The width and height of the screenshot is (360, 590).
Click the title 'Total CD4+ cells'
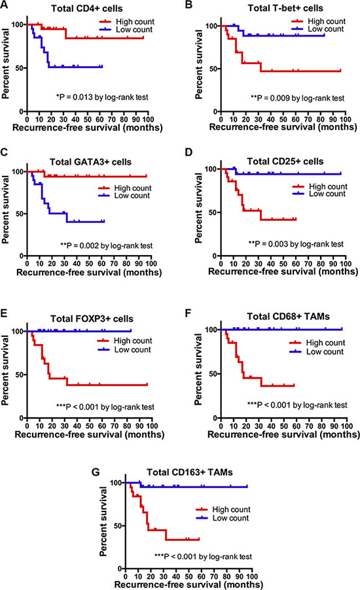click(x=86, y=9)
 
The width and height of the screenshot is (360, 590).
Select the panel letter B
click(x=189, y=5)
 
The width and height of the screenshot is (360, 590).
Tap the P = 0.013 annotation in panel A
click(x=102, y=97)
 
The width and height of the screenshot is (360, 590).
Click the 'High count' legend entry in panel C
click(x=124, y=188)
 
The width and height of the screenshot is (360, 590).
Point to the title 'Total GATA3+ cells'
click(x=90, y=162)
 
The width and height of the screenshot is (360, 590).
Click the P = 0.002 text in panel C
click(x=107, y=246)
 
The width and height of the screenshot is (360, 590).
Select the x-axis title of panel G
click(x=189, y=584)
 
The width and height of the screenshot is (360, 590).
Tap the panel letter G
click(x=96, y=472)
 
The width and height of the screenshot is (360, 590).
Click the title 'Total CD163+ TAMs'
click(x=189, y=472)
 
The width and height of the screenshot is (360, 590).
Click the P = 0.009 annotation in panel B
click(x=297, y=98)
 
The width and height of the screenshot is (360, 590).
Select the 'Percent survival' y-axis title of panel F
click(x=198, y=369)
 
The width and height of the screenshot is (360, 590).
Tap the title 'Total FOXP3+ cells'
click(x=92, y=319)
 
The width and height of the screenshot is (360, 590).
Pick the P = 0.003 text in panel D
click(x=296, y=244)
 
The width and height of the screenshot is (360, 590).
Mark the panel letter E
click(x=5, y=313)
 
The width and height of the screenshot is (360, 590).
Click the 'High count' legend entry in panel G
click(x=223, y=510)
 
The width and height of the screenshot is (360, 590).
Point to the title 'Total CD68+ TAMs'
click(x=288, y=317)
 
